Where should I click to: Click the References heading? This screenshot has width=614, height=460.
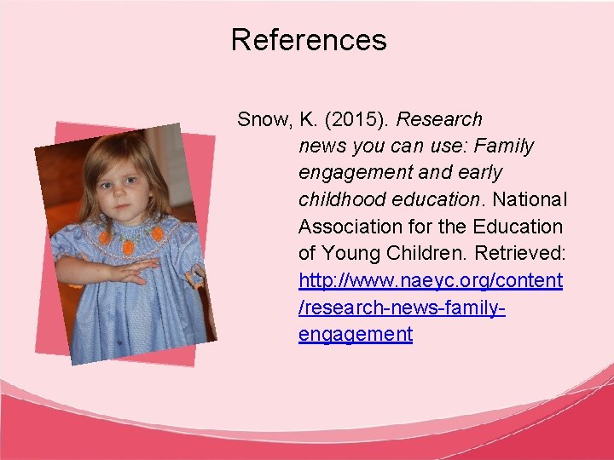pos(308,40)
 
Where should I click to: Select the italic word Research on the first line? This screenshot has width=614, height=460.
pos(440,119)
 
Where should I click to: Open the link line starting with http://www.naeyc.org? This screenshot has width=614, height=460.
pos(431,280)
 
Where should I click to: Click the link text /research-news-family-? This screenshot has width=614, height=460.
pos(402,307)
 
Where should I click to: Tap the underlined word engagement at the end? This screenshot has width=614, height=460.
pos(356,334)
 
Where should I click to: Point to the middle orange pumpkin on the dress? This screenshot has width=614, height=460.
pos(129,247)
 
